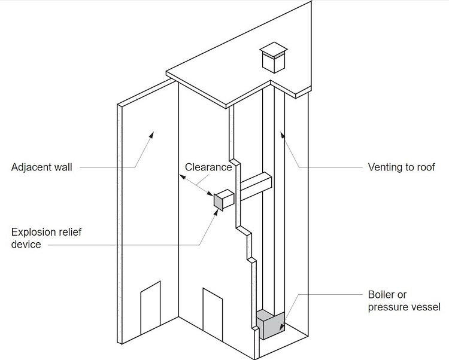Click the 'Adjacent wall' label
point(41,167)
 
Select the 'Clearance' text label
point(208,167)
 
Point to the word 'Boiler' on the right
point(381,295)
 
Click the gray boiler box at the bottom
point(271,326)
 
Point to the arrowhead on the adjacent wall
point(151,136)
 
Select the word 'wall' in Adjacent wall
point(62,167)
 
